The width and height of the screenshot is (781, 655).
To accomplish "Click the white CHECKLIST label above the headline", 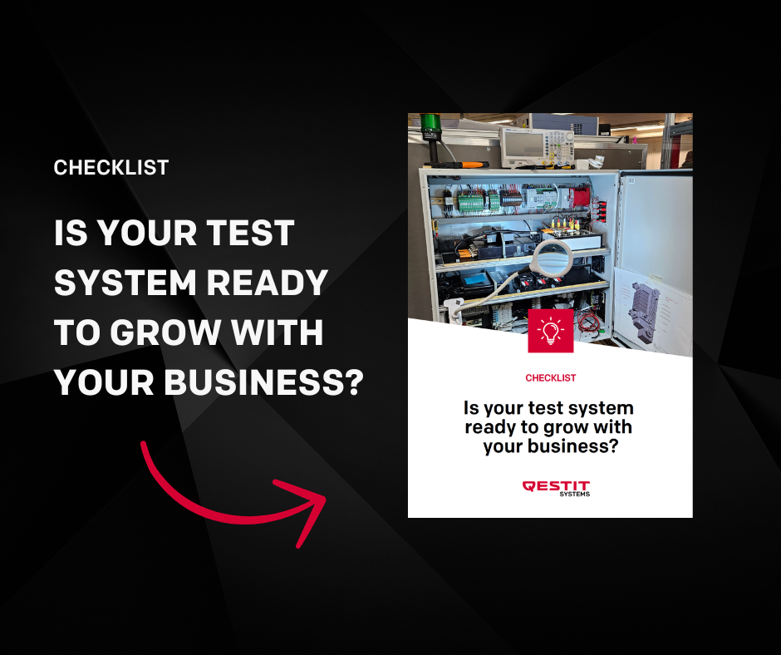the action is pos(111,167).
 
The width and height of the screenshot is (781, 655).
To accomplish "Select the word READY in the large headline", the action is pos(267,283).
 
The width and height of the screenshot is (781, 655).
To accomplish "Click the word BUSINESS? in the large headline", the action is pos(264,382).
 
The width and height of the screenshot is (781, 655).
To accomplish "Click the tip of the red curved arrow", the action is pos(325,497).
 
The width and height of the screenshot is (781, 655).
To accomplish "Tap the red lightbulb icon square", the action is pos(550,331).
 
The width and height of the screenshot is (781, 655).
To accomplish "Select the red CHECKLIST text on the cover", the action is pos(550,378).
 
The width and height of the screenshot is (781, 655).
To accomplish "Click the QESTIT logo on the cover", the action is pos(556,486).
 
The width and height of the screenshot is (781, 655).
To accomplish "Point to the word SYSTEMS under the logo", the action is pos(575,494).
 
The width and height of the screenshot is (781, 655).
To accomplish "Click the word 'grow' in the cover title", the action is pos(566,428).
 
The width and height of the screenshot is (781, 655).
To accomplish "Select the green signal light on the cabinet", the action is pos(430,123).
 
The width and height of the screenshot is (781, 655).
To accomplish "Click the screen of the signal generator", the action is pos(523,145).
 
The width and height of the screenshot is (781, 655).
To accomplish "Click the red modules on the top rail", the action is pos(580,196).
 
